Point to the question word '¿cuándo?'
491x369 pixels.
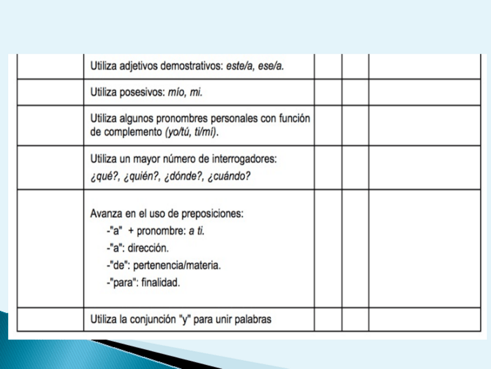[x=228, y=176]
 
